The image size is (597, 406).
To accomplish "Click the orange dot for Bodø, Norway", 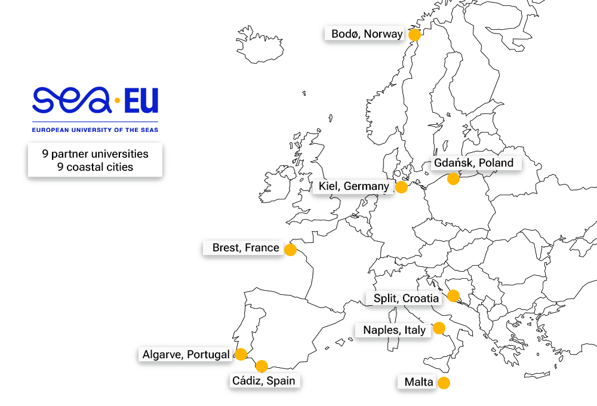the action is coord(414,35).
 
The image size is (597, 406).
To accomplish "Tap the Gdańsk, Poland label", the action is coord(473,162).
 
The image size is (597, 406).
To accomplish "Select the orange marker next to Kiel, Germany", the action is coord(401,187).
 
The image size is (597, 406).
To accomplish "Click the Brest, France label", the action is coord(245,248).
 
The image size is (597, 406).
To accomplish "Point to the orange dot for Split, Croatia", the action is coord(453,296).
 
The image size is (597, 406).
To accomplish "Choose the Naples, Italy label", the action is coord(394,330).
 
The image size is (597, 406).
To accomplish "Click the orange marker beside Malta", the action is coord(444,383).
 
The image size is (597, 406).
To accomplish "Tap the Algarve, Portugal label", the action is coord(185,355).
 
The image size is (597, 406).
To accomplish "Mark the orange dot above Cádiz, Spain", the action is coord(261,366).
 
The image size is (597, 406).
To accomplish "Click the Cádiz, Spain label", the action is coord(263,380).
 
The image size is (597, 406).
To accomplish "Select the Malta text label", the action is coord(418,382).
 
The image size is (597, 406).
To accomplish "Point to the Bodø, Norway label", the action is coord(367,34).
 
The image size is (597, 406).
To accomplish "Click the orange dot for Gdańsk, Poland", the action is coord(453,178).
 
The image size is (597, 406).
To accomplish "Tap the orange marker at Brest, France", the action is coord(290,250).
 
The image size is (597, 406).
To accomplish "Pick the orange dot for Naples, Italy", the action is coord(439,328).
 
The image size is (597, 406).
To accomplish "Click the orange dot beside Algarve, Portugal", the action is coord(241,354).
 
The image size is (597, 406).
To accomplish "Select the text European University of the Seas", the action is coord(95,129).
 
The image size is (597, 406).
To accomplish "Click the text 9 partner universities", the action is coord(95,153).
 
